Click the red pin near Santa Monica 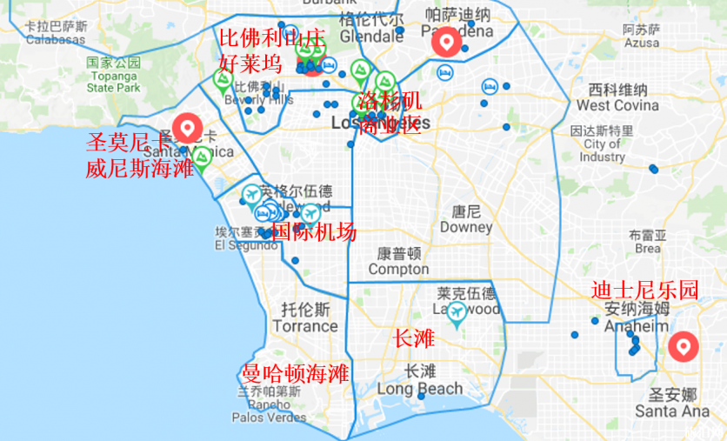coord(187,129)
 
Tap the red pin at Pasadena coord(446,41)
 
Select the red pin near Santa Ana coord(683,347)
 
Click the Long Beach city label coord(420,389)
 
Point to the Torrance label coord(304,326)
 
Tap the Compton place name coord(398,269)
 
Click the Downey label coord(465,227)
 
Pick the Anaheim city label coord(637,325)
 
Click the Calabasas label coord(56,39)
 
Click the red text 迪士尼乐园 coord(644,291)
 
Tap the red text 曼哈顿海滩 coord(295,374)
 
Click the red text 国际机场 coord(314,231)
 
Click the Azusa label coord(642,41)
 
